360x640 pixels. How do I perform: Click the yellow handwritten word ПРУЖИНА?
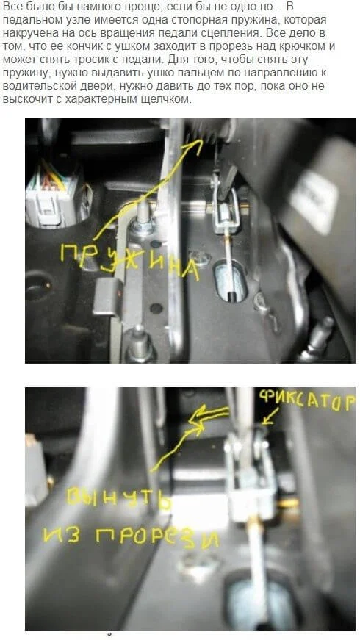[x=130, y=261]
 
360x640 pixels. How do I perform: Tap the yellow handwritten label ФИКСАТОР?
[x=306, y=402]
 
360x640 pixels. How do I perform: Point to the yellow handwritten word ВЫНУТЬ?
[x=119, y=498]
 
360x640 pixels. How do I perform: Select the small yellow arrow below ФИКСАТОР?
[x=270, y=418]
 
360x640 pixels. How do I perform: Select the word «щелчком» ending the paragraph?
[x=168, y=100]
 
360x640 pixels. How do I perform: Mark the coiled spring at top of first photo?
[x=206, y=130]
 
